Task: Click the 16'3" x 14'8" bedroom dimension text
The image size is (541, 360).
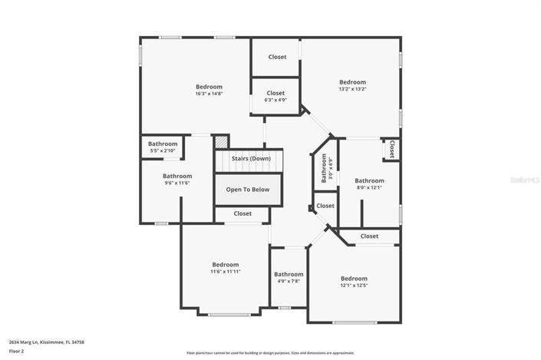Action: (209, 94)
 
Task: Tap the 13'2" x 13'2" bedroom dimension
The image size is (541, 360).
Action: (353, 89)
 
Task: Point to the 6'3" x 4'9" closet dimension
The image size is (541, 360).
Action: (275, 100)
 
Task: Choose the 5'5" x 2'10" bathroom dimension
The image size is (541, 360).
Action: (163, 150)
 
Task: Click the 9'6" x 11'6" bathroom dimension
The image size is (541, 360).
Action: (176, 183)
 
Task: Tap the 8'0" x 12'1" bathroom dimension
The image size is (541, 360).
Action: (368, 187)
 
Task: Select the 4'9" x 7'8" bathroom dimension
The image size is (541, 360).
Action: (289, 281)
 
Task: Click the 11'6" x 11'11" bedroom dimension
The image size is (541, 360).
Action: (226, 272)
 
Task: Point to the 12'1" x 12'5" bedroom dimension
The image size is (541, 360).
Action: (354, 286)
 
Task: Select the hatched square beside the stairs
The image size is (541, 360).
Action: (221, 143)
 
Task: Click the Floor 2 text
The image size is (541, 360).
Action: (17, 351)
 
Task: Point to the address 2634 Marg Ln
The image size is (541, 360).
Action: (46, 342)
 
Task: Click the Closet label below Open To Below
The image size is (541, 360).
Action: (242, 214)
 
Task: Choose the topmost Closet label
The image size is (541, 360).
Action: (277, 57)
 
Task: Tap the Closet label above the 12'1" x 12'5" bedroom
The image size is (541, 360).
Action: (369, 236)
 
